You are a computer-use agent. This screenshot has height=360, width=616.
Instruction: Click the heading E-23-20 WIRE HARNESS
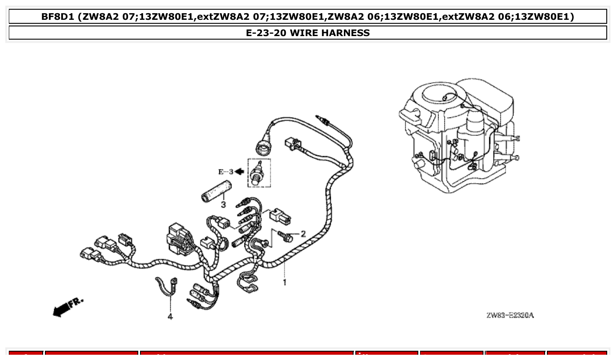(308, 33)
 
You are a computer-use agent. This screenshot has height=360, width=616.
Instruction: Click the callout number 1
(285, 282)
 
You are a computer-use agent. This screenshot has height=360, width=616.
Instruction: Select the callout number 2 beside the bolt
(303, 234)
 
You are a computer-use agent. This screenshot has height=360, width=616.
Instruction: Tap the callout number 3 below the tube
(223, 205)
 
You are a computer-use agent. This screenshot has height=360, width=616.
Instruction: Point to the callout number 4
(170, 316)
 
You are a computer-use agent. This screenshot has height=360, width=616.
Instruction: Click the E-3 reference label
(225, 172)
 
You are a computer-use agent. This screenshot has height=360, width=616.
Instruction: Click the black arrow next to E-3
(239, 172)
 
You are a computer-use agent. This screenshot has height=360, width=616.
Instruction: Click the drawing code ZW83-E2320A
(510, 315)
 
